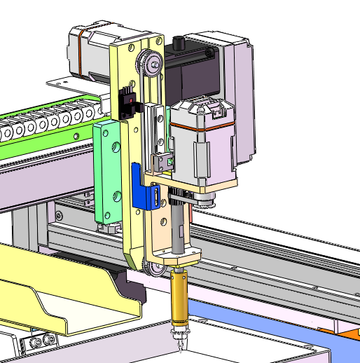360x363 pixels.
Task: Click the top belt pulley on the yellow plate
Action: (149, 64)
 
